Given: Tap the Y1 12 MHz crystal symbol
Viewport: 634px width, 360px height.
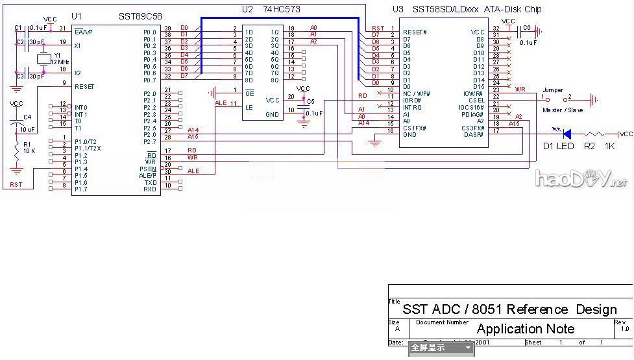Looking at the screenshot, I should [x=43, y=59].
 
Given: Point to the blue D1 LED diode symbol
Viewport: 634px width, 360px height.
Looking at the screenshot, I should [x=566, y=134].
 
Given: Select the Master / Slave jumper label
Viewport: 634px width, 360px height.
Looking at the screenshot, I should [x=562, y=110].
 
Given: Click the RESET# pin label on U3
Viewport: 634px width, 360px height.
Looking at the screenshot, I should [x=415, y=32].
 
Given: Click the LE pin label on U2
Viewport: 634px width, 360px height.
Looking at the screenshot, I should [x=249, y=107].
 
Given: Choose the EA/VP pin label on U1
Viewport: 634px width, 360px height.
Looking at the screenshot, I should [x=83, y=32].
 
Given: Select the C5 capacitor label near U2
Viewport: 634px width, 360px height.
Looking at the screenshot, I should [x=310, y=101].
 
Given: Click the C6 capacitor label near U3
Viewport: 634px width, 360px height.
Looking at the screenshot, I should [x=526, y=28].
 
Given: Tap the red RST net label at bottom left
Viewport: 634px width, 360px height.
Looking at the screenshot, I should [x=16, y=185].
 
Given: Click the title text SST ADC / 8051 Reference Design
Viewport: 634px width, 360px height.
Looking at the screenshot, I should [x=509, y=309].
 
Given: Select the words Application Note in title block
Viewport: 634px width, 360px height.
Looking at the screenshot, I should [x=525, y=329].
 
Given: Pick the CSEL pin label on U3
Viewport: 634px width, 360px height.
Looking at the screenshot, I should [x=476, y=101].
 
